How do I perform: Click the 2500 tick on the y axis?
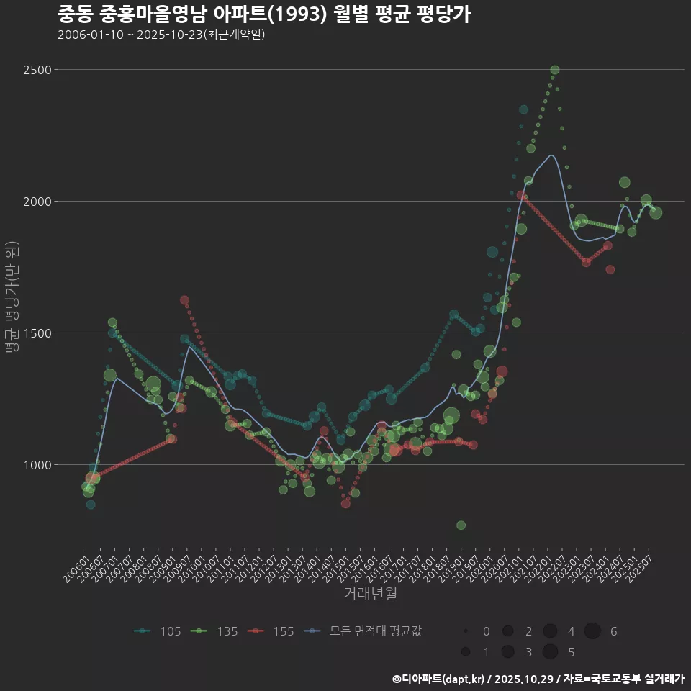[x=37, y=70]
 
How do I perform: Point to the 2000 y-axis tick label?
[x=37, y=202]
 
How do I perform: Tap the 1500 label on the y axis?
[x=37, y=333]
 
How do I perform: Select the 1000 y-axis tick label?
[x=37, y=465]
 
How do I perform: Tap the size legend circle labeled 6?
[x=592, y=631]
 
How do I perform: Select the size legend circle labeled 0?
[x=466, y=631]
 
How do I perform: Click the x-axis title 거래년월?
[x=370, y=593]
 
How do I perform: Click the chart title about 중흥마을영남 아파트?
[x=263, y=14]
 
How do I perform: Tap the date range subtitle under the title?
[x=161, y=35]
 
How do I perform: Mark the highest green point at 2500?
[x=554, y=70]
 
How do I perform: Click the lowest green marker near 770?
[x=461, y=525]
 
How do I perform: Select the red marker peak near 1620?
[x=184, y=300]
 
